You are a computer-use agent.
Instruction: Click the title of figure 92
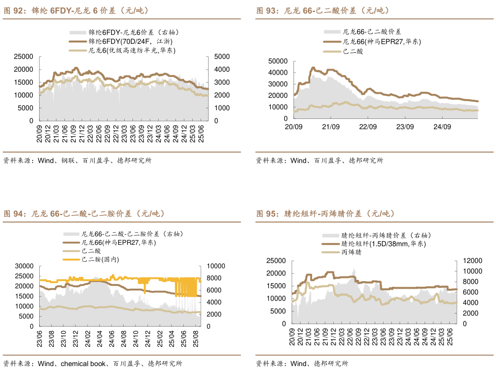pyautogui.click(x=77, y=11)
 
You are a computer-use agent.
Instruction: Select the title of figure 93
pyautogui.click(x=322, y=11)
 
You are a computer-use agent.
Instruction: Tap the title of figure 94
pyautogui.click(x=84, y=214)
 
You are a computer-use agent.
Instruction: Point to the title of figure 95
pyautogui.click(x=325, y=214)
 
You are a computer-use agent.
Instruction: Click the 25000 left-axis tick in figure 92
pyautogui.click(x=23, y=57)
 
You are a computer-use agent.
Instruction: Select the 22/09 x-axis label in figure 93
pyautogui.click(x=368, y=127)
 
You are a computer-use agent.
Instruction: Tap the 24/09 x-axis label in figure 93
pyautogui.click(x=442, y=127)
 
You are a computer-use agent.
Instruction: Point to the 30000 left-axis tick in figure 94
pyautogui.click(x=24, y=266)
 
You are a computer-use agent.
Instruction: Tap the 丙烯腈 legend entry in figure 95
pyautogui.click(x=351, y=252)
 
